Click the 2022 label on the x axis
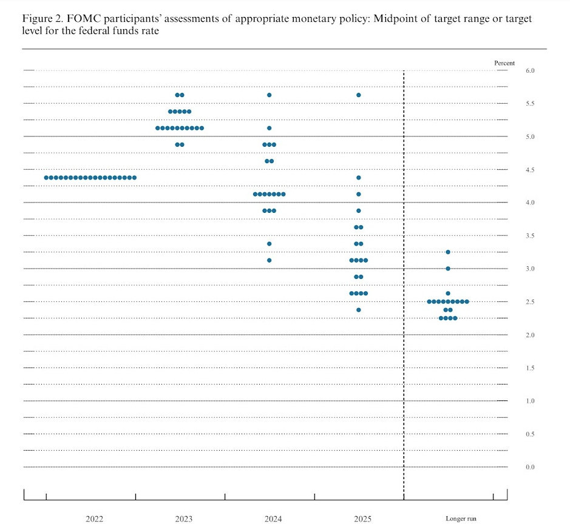click(94, 519)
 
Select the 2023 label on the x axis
click(184, 519)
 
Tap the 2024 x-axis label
click(273, 519)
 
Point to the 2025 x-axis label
click(362, 519)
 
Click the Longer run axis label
click(461, 519)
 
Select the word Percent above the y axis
click(504, 63)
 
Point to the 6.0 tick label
click(529, 71)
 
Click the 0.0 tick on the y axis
click(529, 467)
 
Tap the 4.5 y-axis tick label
click(529, 170)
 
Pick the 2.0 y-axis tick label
click(529, 335)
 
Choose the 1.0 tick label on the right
click(529, 401)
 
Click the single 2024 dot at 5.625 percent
click(269, 95)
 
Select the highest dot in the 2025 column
click(359, 95)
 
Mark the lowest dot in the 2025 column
click(359, 310)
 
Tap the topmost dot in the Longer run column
click(448, 252)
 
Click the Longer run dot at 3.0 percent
click(448, 268)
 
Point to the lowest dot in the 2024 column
click(269, 260)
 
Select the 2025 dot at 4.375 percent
click(359, 178)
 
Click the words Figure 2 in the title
click(41, 19)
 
